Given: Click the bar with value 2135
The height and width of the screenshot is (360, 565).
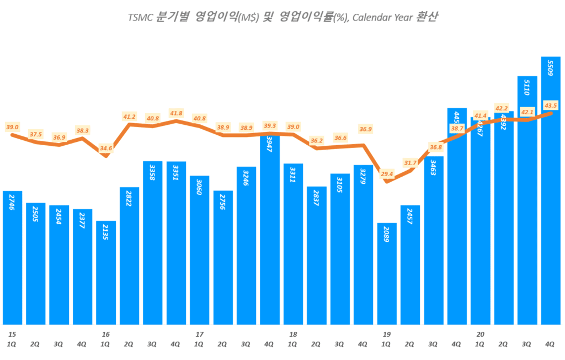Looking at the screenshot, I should pyautogui.click(x=106, y=273).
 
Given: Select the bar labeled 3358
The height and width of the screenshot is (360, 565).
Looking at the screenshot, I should pyautogui.click(x=153, y=243).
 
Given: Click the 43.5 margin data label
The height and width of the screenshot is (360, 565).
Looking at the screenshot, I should pyautogui.click(x=550, y=105).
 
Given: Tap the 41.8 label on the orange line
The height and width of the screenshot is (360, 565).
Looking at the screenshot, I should pyautogui.click(x=176, y=113).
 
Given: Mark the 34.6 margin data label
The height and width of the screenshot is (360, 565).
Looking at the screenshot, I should pyautogui.click(x=106, y=149).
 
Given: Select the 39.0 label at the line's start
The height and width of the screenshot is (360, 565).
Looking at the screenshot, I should pyautogui.click(x=12, y=127).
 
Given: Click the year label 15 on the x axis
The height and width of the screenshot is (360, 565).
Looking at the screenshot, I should pyautogui.click(x=12, y=334).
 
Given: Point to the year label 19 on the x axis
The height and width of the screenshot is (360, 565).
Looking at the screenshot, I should pyautogui.click(x=387, y=334).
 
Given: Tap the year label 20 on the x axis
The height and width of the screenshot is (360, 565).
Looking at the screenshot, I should pyautogui.click(x=480, y=334).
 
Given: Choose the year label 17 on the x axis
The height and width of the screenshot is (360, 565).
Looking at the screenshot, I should pyautogui.click(x=200, y=334).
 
